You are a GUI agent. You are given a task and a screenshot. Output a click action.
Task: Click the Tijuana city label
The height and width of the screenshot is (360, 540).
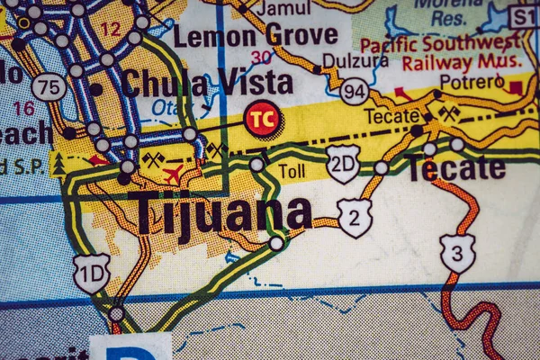(x=220, y=214)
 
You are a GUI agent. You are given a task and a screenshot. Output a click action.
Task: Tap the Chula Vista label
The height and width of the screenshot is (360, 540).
(x=207, y=84)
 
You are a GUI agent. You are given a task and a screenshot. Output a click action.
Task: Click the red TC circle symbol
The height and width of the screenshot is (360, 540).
(x=263, y=118)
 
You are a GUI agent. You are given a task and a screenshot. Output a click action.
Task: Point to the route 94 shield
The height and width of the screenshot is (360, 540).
(x=355, y=90)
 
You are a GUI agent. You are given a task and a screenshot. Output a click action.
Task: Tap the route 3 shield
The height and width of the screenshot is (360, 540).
(x=457, y=253)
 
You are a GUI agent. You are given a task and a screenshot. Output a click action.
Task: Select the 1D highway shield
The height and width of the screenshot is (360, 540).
(x=92, y=272)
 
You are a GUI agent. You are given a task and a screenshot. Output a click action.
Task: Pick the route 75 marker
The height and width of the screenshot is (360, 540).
(x=49, y=86)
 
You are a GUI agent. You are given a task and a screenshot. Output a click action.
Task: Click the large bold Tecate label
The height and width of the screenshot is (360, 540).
(x=456, y=168)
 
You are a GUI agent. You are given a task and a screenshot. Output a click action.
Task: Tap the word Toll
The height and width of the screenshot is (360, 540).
(x=292, y=170)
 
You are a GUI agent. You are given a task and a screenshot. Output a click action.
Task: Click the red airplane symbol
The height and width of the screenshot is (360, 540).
(x=173, y=174)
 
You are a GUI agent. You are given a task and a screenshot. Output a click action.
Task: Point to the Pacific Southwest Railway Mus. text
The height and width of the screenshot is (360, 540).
(x=440, y=52)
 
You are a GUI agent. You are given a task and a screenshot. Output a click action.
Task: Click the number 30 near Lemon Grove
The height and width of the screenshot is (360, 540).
(x=261, y=58)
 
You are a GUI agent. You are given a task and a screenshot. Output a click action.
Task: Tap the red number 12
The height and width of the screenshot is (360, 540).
(x=110, y=29)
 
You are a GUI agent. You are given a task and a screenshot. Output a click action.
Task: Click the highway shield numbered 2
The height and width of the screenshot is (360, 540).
(x=355, y=218)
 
